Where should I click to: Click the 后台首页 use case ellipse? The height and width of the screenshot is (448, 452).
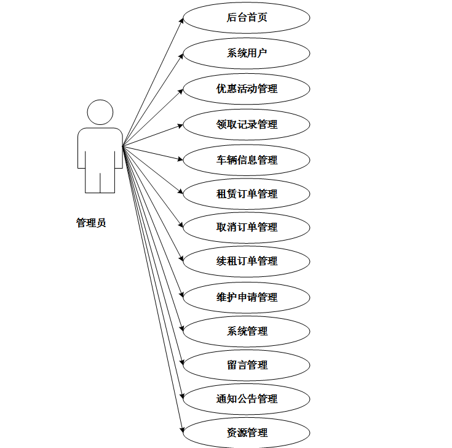247,18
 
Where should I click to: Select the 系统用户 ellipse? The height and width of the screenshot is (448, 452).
247,53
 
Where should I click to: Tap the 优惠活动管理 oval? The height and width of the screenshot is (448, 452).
247,89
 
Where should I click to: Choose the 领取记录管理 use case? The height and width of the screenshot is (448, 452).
247,124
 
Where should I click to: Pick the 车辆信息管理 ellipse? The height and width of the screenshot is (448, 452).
247,160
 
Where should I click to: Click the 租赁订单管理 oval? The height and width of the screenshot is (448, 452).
247,194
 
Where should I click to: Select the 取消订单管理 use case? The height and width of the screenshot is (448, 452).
247,227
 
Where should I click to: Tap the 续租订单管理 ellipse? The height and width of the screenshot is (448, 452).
247,261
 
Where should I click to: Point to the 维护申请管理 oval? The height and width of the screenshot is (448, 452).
247,297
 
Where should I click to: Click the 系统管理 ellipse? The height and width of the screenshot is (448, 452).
247,331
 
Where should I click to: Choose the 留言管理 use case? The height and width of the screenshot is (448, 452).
247,365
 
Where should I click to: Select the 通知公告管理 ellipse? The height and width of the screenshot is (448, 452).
247,399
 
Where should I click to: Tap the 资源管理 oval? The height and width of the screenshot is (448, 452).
247,432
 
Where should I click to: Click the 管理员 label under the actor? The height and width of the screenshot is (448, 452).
91,223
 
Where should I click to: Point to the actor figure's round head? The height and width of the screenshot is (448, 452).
100,113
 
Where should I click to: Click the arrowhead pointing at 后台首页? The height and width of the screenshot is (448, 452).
181,20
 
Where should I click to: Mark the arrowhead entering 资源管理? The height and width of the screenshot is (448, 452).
181,428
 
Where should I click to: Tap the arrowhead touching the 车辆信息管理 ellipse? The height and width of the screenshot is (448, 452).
180,159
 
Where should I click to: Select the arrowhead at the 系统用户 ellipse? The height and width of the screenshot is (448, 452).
180,55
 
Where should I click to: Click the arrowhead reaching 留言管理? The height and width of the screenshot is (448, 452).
181,361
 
